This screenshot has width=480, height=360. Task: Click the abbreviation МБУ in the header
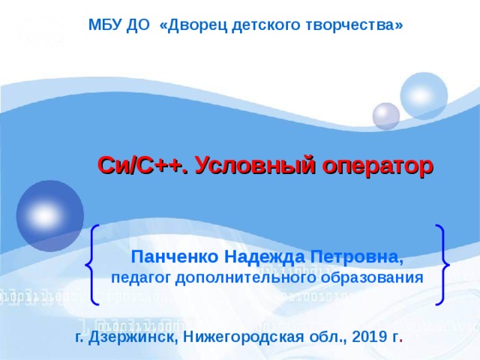(x=103, y=25)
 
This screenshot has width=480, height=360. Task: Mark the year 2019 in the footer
(x=361, y=337)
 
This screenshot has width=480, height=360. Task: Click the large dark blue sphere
(x=50, y=214)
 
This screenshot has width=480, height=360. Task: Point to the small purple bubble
(x=386, y=115)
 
